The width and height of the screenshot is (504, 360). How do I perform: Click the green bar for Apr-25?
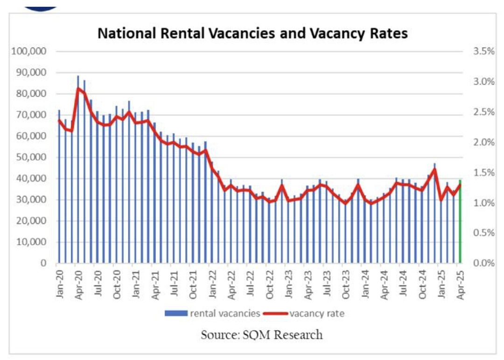point(460,221)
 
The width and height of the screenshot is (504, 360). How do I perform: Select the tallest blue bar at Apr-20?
point(78,169)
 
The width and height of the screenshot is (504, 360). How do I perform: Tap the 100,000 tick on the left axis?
point(29,51)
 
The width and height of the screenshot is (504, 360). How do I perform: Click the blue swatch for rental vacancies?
point(176,313)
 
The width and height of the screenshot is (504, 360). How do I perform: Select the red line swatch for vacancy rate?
point(275,313)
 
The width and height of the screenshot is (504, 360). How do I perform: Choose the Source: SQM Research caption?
point(262,335)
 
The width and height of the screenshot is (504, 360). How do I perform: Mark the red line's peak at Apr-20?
point(78,88)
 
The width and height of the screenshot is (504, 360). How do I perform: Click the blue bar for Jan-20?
point(59,187)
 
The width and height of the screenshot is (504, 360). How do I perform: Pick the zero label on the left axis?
point(43,263)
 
